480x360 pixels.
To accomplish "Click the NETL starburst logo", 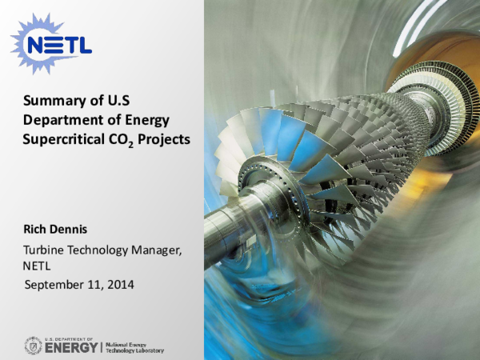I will pos(50,44).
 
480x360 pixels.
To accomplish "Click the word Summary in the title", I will pos(49,102).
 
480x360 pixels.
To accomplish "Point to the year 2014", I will pos(120,284).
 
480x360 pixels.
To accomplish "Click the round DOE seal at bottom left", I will pos(34,346).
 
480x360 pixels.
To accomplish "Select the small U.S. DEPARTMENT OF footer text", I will pos(70,338).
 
